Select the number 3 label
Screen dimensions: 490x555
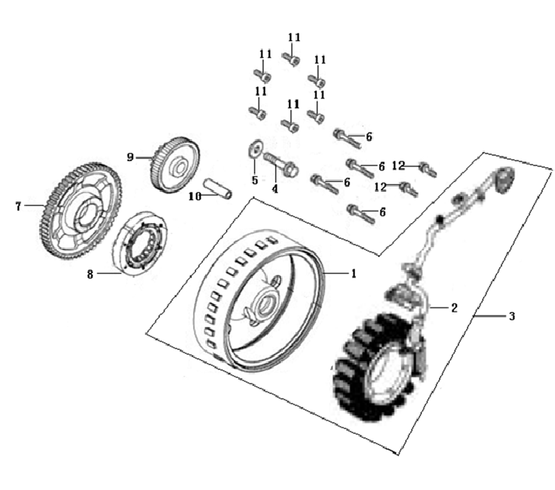(511, 316)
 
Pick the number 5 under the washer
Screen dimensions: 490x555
(255, 180)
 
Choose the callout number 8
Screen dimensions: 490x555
(90, 274)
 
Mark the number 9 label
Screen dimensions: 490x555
(130, 157)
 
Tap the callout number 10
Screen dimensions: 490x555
(194, 195)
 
